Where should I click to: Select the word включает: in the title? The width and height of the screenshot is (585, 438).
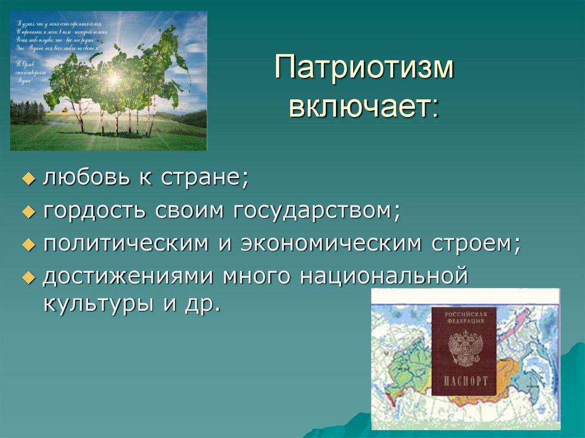[364, 107]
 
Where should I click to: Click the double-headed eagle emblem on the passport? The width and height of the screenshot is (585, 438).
[464, 347]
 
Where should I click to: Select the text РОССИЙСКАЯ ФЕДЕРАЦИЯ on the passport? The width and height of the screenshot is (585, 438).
[464, 318]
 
